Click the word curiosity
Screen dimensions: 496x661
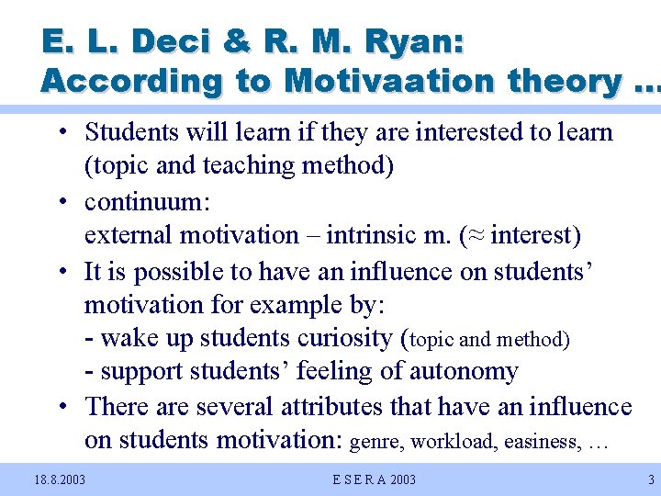[344, 338]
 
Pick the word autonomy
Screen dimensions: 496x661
[466, 372]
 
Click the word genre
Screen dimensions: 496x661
[376, 442]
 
